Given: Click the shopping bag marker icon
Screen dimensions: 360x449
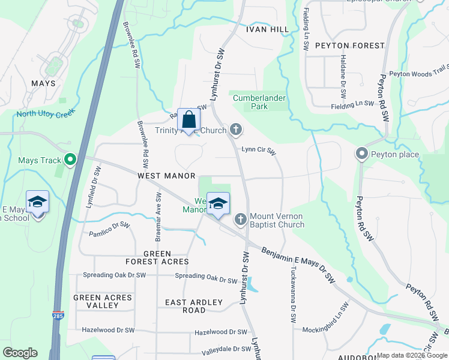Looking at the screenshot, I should (x=189, y=120).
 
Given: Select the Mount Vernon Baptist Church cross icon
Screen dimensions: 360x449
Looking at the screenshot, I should (x=240, y=219).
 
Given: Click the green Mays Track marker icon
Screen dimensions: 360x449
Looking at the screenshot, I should (x=70, y=160).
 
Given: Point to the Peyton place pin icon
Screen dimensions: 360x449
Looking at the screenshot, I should (x=361, y=154).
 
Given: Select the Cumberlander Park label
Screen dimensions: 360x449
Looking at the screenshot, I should (x=259, y=102).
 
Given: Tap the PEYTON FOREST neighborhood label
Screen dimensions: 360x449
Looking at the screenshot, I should (x=349, y=46).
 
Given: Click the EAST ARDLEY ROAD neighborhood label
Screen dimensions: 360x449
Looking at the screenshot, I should (x=194, y=306).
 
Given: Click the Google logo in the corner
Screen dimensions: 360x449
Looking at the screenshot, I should (x=20, y=353).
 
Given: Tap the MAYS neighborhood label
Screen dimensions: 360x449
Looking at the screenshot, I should (x=44, y=83).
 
